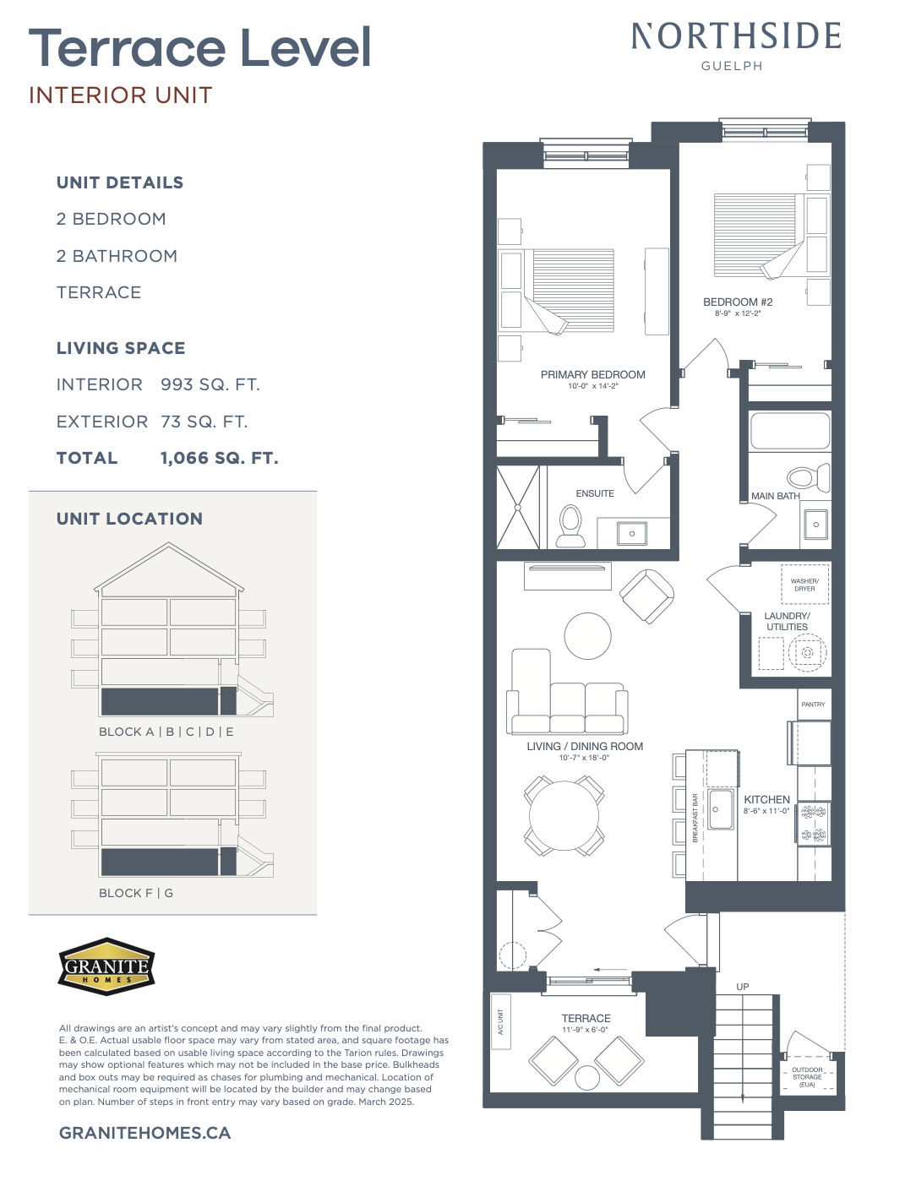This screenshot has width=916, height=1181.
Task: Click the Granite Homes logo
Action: coord(106,966)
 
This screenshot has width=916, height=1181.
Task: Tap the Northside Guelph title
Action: coord(735,46)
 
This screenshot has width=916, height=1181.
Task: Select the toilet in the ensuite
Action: coord(570,525)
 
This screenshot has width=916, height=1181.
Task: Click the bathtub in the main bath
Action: coord(789,431)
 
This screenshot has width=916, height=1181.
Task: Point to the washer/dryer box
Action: coord(804,585)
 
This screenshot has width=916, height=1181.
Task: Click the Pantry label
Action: coord(813,704)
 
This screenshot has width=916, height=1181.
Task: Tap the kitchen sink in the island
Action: coord(720,809)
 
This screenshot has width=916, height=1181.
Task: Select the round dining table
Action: coord(564,815)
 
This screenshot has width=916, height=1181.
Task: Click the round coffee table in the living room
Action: coord(587,636)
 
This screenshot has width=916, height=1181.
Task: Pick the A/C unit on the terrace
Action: coord(501,1021)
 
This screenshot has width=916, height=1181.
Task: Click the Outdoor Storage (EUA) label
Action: coord(807,1076)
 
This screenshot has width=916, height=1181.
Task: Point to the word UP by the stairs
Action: coord(742,987)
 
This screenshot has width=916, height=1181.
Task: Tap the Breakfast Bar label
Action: coord(695,819)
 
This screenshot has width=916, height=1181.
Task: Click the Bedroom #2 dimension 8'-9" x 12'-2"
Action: coord(737,313)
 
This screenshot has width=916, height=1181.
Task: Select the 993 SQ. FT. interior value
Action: coord(210,384)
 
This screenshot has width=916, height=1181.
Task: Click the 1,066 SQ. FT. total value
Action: coord(219,458)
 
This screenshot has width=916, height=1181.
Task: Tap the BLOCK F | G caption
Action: coord(136,893)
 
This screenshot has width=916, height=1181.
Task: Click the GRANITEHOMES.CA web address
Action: coord(144,1133)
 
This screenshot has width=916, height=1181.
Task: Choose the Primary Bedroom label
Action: coord(592,374)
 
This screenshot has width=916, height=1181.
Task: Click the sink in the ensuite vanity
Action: coord(632,533)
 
